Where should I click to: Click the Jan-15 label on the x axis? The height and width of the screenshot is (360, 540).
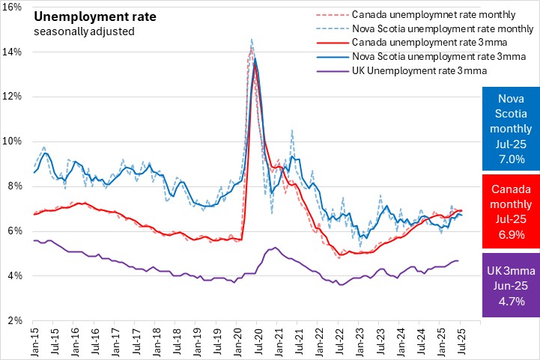(x=33, y=341)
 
